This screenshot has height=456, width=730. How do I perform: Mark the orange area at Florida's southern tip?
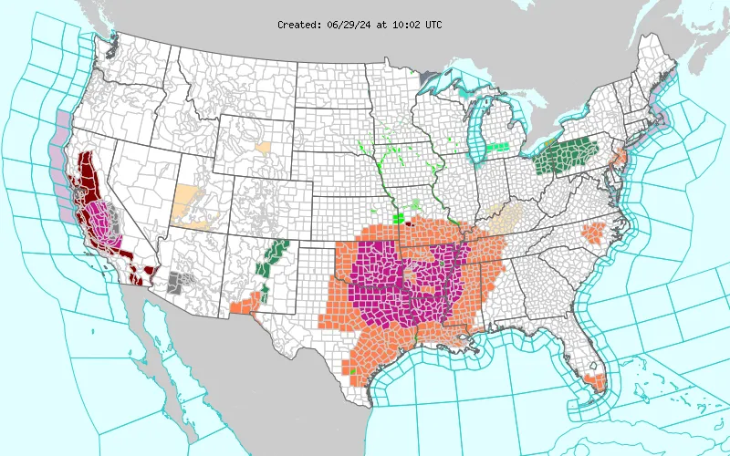[596, 382]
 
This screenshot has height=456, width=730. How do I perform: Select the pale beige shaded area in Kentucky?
[505, 216]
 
